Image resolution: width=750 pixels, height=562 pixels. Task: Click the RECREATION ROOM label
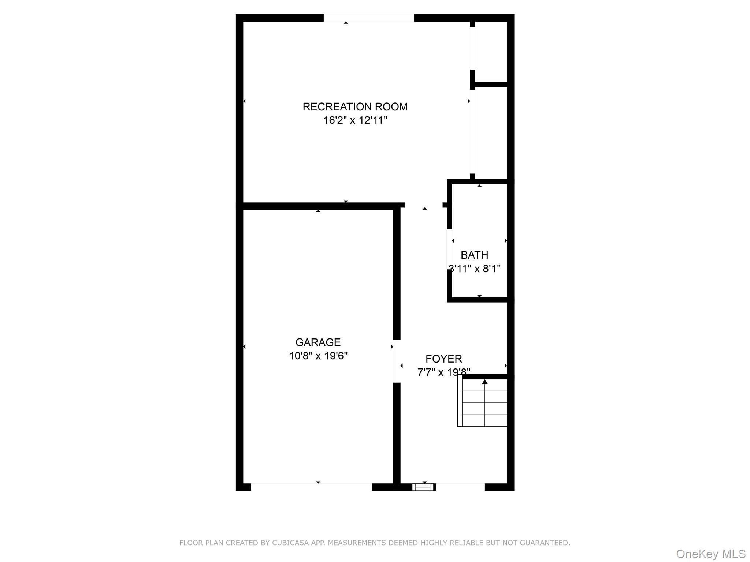click(355, 107)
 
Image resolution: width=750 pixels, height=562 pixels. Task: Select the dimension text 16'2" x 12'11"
click(355, 120)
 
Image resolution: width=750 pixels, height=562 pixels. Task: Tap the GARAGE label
click(318, 342)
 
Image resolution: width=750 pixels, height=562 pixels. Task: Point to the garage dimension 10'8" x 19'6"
click(318, 356)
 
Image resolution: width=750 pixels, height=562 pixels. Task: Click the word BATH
click(474, 255)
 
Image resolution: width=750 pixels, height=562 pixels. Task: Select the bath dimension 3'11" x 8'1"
click(475, 269)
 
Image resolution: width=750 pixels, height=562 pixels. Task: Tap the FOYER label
click(443, 359)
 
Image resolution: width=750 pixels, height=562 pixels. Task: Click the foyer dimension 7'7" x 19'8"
click(443, 372)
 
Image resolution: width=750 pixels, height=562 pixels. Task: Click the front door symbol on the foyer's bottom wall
click(424, 487)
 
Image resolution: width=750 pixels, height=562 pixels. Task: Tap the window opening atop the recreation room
click(368, 18)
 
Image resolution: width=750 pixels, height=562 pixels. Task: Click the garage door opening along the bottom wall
click(311, 487)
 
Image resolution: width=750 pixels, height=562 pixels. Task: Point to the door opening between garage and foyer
click(397, 361)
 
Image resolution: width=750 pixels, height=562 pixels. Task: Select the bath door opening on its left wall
click(449, 250)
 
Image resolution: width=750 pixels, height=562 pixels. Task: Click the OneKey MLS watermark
click(710, 554)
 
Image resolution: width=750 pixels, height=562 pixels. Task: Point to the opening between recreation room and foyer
click(424, 205)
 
